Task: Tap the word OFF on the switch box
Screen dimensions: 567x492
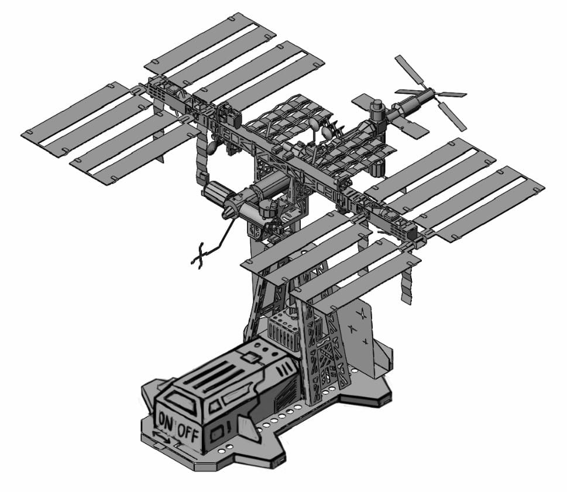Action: (188, 433)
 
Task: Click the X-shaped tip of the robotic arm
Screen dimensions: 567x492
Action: (198, 257)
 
